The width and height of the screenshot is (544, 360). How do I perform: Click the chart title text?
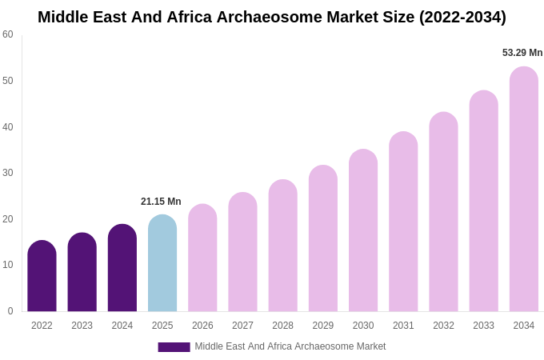pyautogui.click(x=272, y=17)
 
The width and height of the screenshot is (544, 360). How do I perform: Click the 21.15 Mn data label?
pyautogui.click(x=161, y=202)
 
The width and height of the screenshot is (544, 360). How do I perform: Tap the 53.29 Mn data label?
pyautogui.click(x=522, y=53)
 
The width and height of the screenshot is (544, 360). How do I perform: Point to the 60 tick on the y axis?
pyautogui.click(x=8, y=34)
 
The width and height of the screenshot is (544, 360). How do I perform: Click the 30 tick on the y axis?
pyautogui.click(x=8, y=173)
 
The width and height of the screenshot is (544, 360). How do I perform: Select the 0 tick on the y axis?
pyautogui.click(x=10, y=311)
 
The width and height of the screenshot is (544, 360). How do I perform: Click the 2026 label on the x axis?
pyautogui.click(x=202, y=326)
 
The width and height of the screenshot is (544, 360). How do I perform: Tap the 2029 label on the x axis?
pyautogui.click(x=323, y=326)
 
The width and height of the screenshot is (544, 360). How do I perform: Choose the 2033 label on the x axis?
pyautogui.click(x=483, y=326)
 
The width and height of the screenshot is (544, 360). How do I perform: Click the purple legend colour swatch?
pyautogui.click(x=174, y=347)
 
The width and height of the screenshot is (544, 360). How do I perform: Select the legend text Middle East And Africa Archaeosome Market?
pyautogui.click(x=290, y=346)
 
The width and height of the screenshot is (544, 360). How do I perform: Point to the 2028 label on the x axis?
pyautogui.click(x=282, y=326)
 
